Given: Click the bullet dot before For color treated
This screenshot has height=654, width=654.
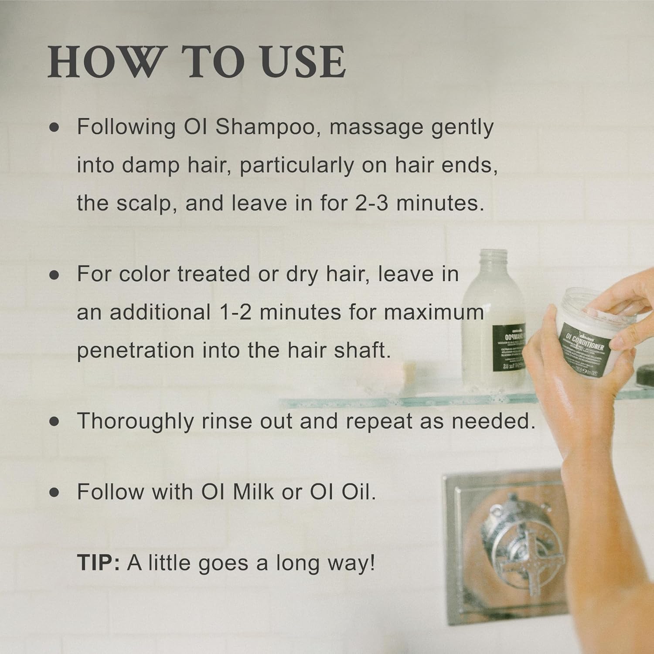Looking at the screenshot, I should tap(54, 275).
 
